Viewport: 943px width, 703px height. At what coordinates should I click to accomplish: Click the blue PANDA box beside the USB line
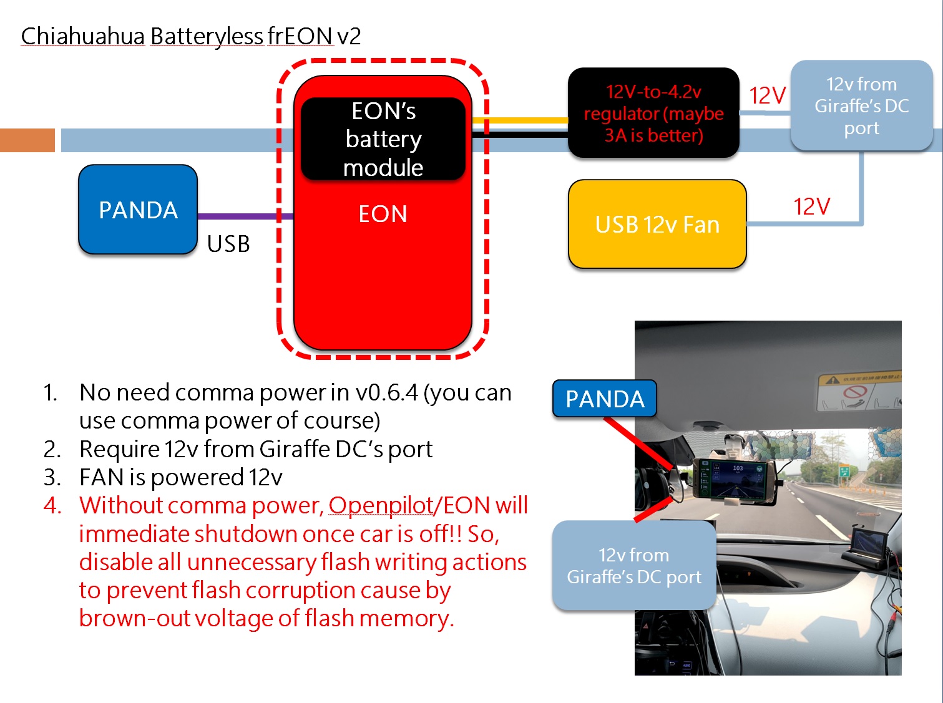(x=138, y=210)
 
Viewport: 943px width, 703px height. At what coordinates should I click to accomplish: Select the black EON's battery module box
(x=383, y=139)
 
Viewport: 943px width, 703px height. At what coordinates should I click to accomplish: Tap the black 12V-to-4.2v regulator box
(x=653, y=113)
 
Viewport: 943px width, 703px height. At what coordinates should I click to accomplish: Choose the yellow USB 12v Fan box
(x=657, y=225)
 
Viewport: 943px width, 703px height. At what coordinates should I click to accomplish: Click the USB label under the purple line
(x=228, y=244)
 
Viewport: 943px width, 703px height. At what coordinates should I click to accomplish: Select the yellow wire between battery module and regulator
(x=520, y=120)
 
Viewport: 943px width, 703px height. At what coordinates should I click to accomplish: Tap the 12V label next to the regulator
(x=767, y=95)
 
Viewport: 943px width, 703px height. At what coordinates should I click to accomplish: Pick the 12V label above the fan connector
(x=811, y=206)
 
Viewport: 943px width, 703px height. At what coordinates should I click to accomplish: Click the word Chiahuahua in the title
(x=83, y=36)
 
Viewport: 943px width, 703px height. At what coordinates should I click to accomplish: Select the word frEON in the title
(x=300, y=36)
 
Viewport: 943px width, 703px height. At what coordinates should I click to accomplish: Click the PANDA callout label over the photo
(x=604, y=399)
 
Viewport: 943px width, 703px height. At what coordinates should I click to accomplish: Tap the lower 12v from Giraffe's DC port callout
(x=634, y=566)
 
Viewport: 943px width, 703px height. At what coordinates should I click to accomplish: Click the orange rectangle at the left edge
(x=27, y=140)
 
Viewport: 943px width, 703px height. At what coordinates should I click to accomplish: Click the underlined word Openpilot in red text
(x=381, y=505)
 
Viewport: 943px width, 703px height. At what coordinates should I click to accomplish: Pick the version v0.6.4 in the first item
(x=386, y=392)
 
